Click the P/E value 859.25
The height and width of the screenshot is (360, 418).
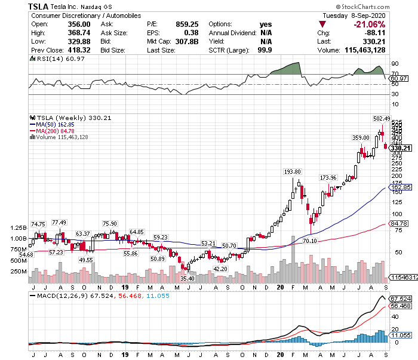coord(186,24)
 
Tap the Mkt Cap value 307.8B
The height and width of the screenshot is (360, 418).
coord(185,42)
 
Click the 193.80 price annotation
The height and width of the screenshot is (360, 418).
coord(292,171)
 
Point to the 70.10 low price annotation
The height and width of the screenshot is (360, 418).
coord(309,241)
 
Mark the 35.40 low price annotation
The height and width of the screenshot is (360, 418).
coord(188,278)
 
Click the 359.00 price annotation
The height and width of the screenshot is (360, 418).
coord(360,137)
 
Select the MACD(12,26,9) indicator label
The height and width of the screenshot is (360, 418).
coord(62,296)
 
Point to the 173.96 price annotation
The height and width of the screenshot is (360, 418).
coord(328,178)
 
